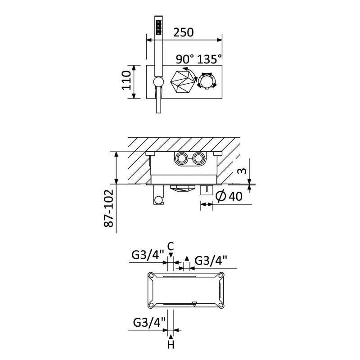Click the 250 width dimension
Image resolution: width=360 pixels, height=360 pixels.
tap(184, 32)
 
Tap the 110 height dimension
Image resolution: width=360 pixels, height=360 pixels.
tap(126, 81)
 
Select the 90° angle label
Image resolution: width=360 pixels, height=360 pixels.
tap(185, 59)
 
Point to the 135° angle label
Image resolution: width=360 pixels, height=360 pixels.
tap(210, 59)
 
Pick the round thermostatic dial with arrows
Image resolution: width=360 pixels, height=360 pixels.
tap(207, 81)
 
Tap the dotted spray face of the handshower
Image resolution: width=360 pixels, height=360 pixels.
tap(159, 27)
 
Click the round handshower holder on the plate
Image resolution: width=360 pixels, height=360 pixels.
tap(158, 82)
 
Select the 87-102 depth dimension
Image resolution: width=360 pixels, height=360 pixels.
tap(109, 208)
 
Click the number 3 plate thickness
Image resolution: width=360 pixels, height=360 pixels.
tap(243, 171)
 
